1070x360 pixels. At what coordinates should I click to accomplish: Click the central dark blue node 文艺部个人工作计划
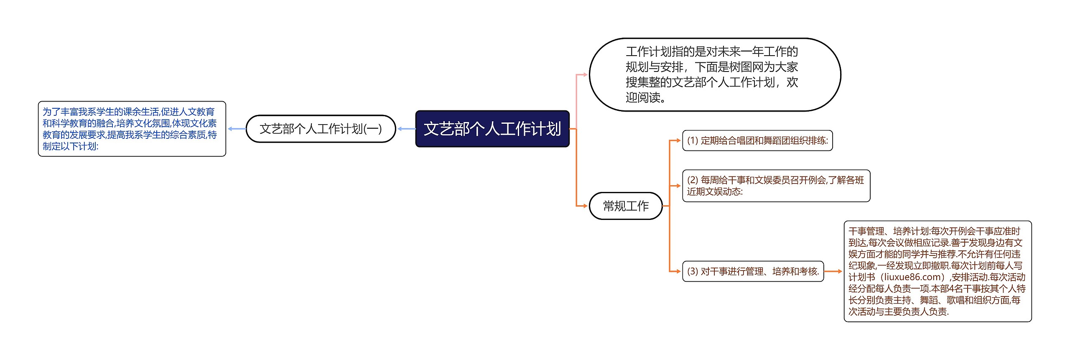[492, 129]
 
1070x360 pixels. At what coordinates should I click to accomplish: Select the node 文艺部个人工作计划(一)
[321, 129]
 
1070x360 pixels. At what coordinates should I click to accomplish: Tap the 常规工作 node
[625, 206]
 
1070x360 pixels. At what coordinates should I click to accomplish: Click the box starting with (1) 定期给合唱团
[757, 140]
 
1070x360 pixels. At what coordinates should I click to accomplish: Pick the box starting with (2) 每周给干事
[776, 186]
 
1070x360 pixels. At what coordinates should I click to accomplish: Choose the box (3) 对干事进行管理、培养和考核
[752, 271]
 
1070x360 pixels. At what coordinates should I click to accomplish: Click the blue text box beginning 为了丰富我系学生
[132, 129]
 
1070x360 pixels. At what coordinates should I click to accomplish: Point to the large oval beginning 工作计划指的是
[715, 74]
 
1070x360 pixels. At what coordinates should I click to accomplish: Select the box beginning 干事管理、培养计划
[938, 271]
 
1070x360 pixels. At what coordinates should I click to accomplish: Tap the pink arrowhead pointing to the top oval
[585, 75]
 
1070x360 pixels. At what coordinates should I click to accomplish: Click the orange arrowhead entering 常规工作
[585, 206]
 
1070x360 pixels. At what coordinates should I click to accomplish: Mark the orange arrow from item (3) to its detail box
[833, 271]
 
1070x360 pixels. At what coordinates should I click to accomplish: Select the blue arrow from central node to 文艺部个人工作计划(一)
[406, 129]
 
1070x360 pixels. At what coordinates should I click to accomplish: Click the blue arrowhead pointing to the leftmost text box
[230, 129]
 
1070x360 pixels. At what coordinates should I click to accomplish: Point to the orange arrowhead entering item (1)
[678, 140]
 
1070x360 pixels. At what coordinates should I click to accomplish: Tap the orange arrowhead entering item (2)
[678, 186]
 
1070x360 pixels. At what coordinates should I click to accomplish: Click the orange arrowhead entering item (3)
[678, 271]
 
